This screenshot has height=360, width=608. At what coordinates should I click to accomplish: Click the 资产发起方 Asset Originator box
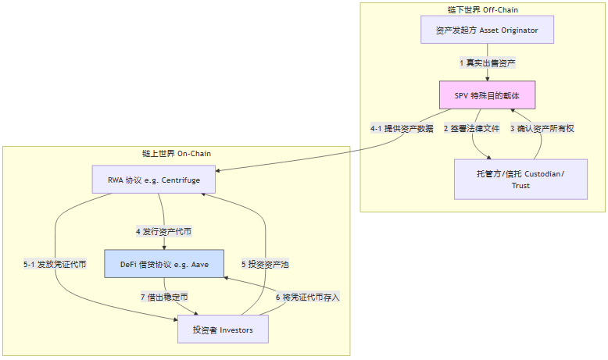[x=487, y=30]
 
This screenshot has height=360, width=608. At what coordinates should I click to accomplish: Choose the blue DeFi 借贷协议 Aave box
[x=164, y=264]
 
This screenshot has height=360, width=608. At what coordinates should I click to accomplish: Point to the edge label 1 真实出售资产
[x=487, y=62]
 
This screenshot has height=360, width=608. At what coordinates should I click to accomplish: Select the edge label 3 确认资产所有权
[x=542, y=128]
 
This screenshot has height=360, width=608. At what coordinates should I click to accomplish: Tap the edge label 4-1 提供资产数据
[x=402, y=128]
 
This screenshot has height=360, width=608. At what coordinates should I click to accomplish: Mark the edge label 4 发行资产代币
[x=164, y=231]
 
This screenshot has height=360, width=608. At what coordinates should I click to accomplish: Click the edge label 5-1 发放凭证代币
[x=55, y=264]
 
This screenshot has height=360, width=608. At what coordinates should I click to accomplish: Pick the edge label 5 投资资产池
[x=265, y=264]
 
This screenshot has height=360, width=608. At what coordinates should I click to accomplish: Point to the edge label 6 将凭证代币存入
[x=308, y=297]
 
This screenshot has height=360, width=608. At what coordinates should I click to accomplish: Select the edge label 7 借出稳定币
[x=164, y=297]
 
